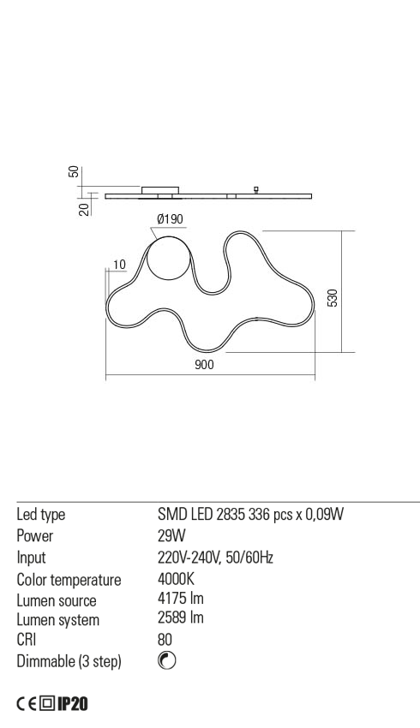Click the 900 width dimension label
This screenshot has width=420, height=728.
(x=204, y=365)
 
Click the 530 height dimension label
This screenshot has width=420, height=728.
(x=333, y=297)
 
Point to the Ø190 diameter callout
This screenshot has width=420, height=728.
(x=170, y=219)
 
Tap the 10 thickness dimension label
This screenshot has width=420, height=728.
(x=119, y=265)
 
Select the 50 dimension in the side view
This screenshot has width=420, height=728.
(x=74, y=172)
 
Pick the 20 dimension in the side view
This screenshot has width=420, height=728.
(x=84, y=209)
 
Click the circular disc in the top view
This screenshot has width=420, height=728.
(x=168, y=258)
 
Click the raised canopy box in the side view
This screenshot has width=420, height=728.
(x=160, y=189)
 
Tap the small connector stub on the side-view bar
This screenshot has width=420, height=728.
(x=255, y=189)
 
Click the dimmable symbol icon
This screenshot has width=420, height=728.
(x=167, y=660)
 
